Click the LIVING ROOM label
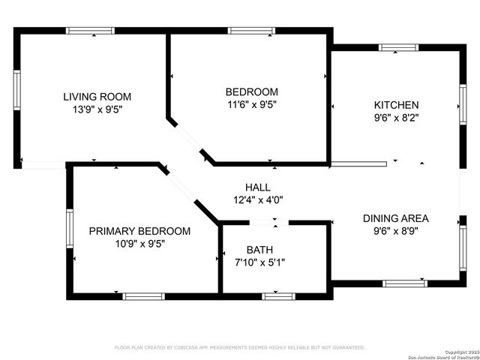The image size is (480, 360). [97, 96]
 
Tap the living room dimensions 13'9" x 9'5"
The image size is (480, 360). [97, 109]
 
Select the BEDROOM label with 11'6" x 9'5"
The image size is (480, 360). [252, 91]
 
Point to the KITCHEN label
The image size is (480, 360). [397, 104]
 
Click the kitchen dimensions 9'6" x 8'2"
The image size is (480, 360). [397, 117]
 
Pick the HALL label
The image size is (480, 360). [258, 187]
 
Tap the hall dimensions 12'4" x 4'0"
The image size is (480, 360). [258, 199]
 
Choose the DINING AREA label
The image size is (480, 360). [396, 218]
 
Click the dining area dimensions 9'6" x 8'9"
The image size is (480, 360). [396, 231]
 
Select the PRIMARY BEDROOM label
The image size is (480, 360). [139, 231]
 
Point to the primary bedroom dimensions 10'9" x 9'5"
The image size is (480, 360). [139, 244]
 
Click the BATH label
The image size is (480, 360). [259, 250]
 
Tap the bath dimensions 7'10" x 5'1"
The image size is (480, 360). [259, 262]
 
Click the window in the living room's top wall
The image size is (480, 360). [91, 31]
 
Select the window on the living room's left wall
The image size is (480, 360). [16, 91]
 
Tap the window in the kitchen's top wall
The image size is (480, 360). [398, 47]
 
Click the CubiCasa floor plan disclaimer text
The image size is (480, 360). [239, 348]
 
